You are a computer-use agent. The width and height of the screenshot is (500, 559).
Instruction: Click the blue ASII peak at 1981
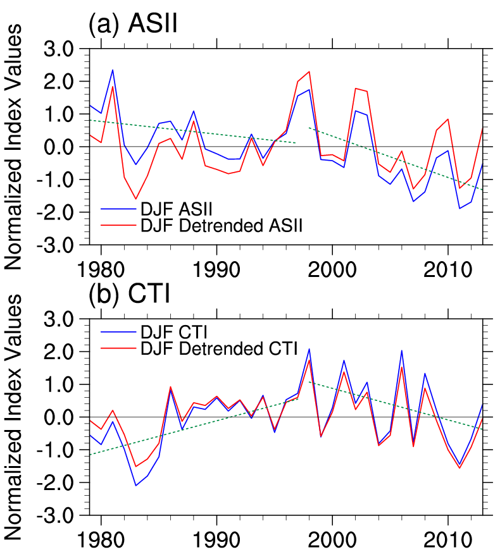[113, 70]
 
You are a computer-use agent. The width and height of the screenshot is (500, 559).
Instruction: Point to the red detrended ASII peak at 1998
[309, 71]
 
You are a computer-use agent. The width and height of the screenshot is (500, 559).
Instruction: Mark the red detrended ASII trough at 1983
[135, 199]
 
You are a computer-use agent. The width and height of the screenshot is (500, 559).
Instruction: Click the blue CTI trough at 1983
[135, 486]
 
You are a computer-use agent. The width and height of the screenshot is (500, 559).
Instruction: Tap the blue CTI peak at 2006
[401, 350]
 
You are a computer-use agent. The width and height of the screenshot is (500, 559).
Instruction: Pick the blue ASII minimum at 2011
[459, 208]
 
